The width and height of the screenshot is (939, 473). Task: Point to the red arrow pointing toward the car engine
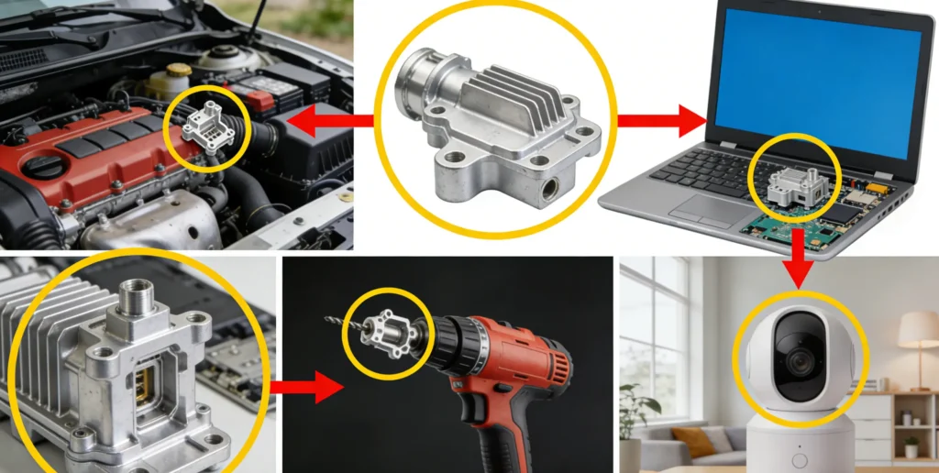pyautogui.click(x=326, y=119)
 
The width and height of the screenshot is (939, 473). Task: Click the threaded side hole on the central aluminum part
pyautogui.click(x=550, y=190)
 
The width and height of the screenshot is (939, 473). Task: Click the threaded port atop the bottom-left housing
pyautogui.click(x=136, y=297)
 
